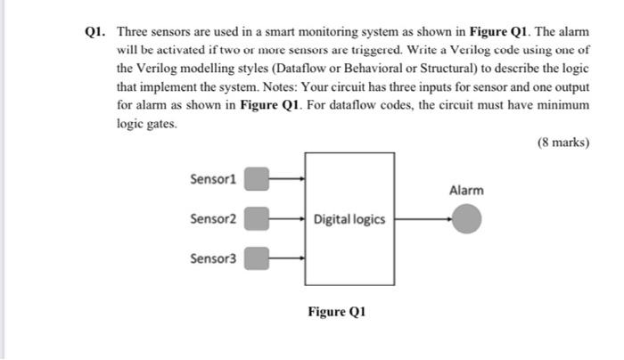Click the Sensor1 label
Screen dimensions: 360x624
pyautogui.click(x=213, y=178)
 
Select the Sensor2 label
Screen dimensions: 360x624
pyautogui.click(x=213, y=218)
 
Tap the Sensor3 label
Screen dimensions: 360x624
pyautogui.click(x=213, y=258)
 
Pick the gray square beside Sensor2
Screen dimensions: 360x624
pyautogui.click(x=257, y=217)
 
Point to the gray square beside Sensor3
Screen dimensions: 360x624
pyautogui.click(x=257, y=258)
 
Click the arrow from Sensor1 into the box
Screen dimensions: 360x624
pyautogui.click(x=287, y=177)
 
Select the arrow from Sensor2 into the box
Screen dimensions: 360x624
pyautogui.click(x=287, y=217)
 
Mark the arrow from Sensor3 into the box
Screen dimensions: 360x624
pyautogui.click(x=287, y=258)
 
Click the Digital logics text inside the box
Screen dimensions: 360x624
pyautogui.click(x=349, y=218)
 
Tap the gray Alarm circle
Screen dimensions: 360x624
pyautogui.click(x=466, y=217)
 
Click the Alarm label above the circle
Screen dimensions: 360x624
pyautogui.click(x=466, y=190)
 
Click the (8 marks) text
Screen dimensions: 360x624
pyautogui.click(x=564, y=142)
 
